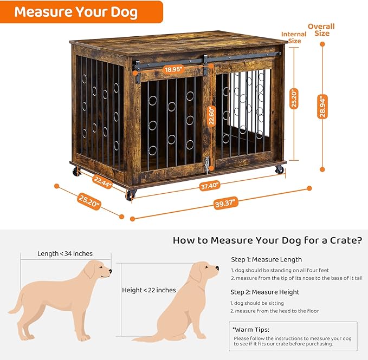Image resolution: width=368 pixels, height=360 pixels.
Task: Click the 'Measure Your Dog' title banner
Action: (76, 11)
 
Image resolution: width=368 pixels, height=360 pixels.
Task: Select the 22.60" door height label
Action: (211, 115)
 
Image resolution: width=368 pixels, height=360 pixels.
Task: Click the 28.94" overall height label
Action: (322, 107)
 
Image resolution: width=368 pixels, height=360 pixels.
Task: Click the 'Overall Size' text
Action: (321, 30)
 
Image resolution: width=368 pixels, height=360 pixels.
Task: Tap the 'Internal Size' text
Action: (294, 37)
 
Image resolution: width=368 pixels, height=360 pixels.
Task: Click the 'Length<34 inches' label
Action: (65, 253)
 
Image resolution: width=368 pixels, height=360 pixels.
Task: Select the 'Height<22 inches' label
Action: (149, 290)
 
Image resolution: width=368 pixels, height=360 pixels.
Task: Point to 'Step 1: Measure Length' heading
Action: (266, 259)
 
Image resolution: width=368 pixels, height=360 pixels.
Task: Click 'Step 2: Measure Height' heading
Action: (265, 292)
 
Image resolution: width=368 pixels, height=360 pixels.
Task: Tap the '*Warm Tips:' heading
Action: (251, 329)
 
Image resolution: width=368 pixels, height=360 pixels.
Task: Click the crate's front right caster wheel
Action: (279, 170)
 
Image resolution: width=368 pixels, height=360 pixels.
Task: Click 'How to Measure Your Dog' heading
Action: (267, 240)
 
